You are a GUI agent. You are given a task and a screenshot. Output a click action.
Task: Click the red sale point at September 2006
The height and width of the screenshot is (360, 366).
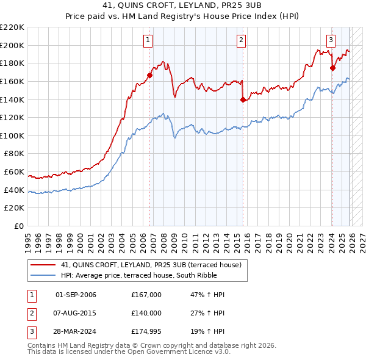click(x=149, y=76)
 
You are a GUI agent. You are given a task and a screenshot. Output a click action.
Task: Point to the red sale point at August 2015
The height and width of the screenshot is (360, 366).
click(x=243, y=99)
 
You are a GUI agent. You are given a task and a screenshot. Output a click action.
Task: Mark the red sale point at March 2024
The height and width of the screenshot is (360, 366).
click(x=332, y=68)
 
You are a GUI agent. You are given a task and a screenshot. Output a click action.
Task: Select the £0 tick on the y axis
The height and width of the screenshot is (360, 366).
click(x=18, y=226)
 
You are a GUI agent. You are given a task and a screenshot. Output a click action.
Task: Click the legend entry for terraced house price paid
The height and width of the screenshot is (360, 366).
click(x=151, y=265)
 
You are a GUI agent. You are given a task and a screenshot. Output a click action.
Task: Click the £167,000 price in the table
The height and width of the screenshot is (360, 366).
click(x=146, y=295)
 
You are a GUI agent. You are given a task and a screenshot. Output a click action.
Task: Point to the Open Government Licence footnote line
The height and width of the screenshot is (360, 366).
click(x=129, y=353)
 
